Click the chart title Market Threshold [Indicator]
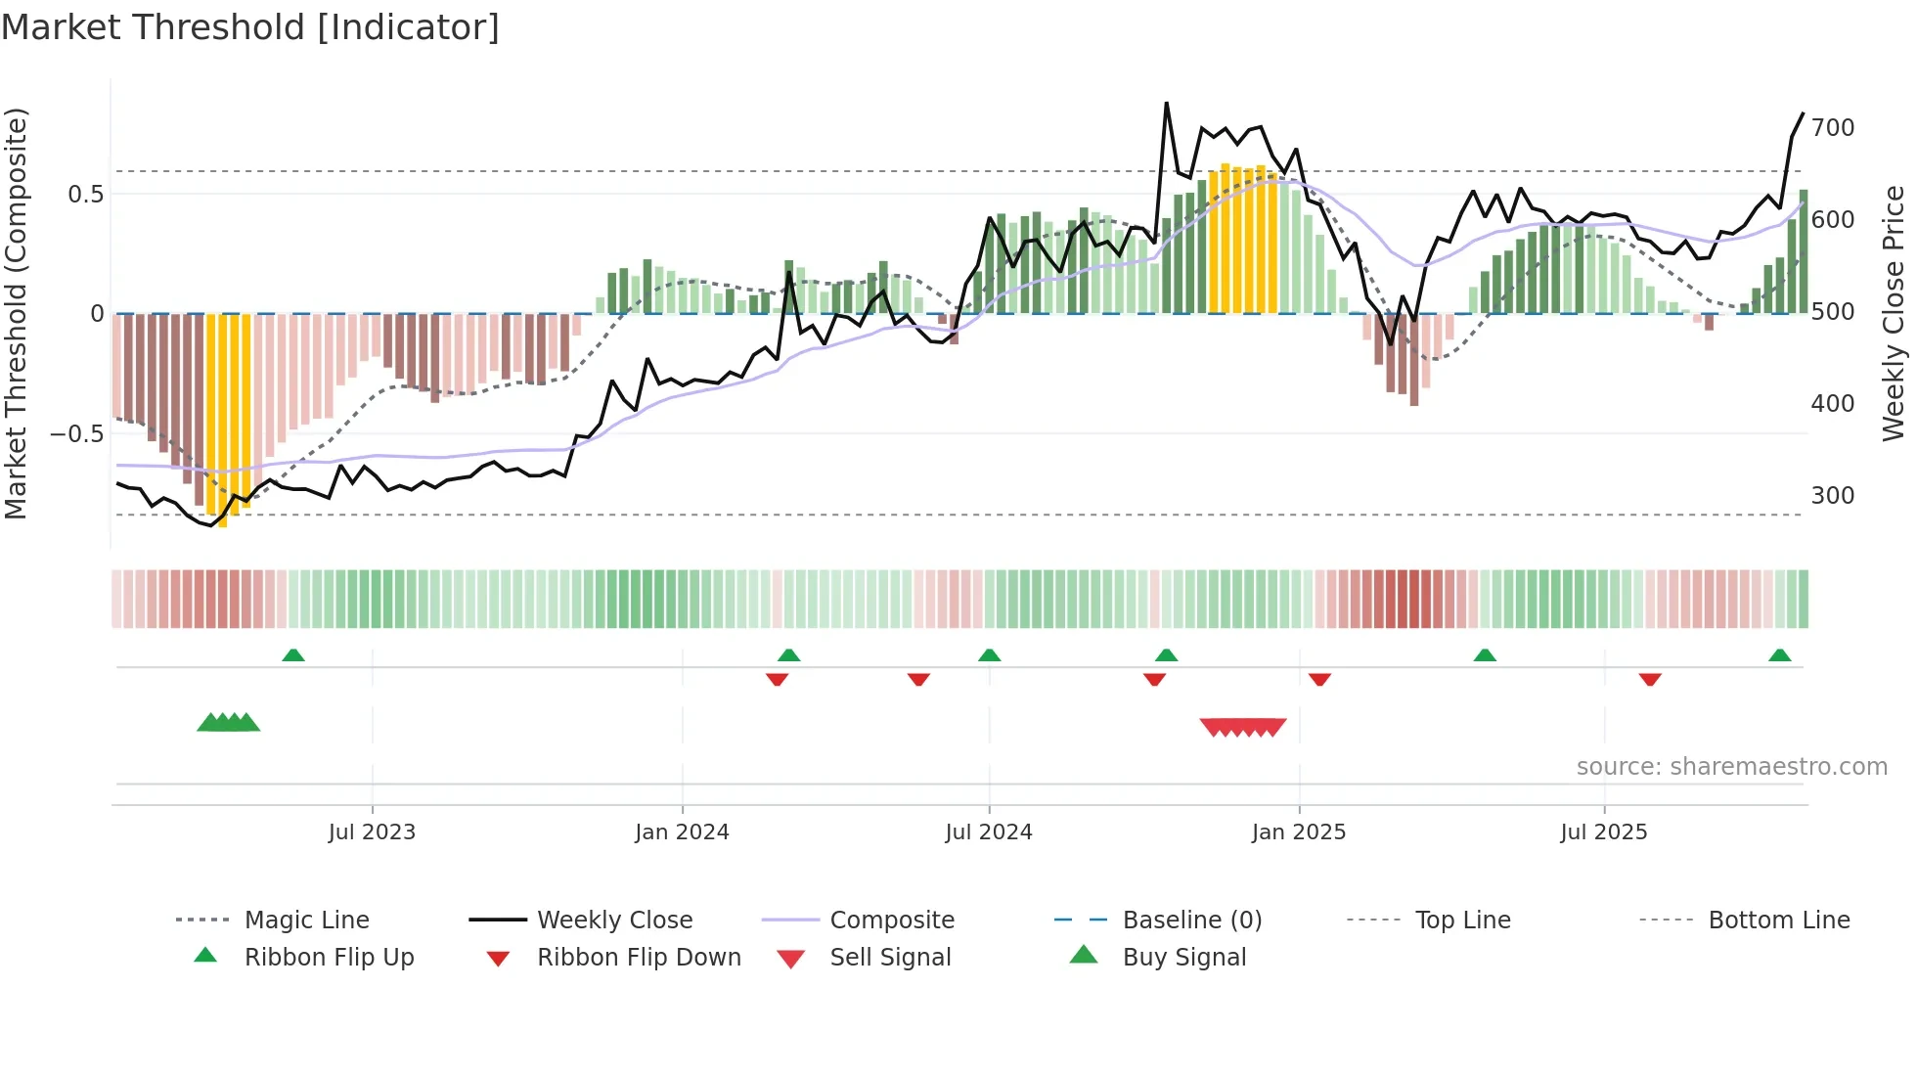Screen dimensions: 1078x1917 (250, 27)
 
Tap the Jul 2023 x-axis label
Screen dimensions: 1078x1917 (372, 832)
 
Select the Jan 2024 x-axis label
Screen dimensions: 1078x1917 (682, 832)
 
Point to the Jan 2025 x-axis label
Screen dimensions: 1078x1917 (1299, 832)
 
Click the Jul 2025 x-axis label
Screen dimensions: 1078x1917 (1604, 832)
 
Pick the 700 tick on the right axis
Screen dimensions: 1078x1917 (1832, 128)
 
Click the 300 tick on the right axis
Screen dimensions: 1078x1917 (1832, 496)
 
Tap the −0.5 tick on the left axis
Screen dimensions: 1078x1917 (76, 433)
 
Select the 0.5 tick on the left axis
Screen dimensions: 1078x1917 (85, 195)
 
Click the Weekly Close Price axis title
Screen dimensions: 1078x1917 (1894, 313)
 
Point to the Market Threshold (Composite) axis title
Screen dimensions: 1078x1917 (17, 313)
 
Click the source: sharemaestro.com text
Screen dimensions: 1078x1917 (1731, 767)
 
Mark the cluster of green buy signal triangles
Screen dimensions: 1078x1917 (228, 723)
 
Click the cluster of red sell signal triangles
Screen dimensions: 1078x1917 (1243, 727)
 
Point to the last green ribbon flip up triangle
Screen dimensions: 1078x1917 (1779, 655)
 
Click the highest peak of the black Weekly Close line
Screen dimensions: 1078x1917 (1167, 104)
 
